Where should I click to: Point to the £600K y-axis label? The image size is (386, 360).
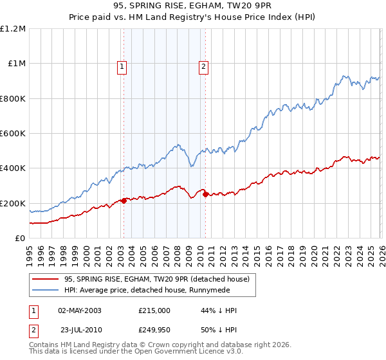[13, 134]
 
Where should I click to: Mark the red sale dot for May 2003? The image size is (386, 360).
[124, 201]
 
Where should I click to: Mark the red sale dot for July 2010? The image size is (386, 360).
[205, 195]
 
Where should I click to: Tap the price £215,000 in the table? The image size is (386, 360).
[154, 310]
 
